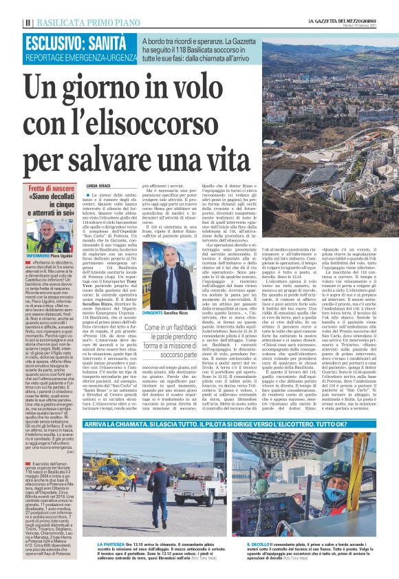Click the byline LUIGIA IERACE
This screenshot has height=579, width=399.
tap(101, 186)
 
